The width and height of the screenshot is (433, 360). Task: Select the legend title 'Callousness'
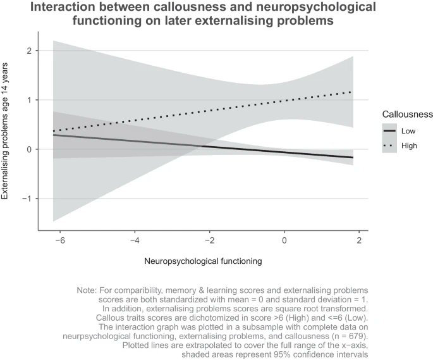coord(407,115)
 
